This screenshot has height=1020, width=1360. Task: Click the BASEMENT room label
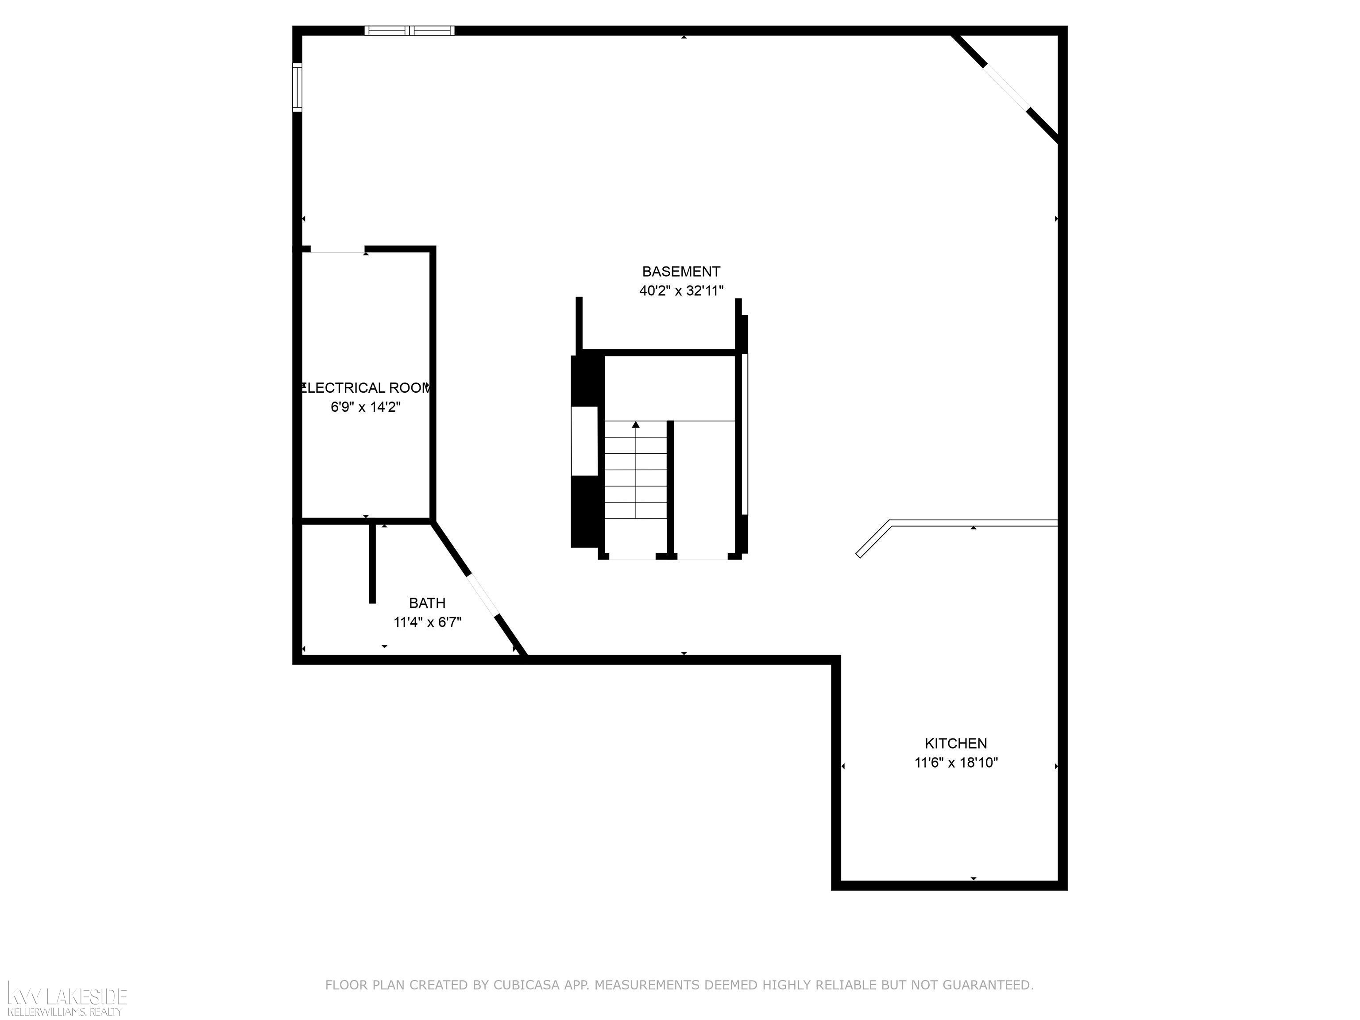click(681, 271)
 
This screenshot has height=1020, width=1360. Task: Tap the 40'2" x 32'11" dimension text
click(681, 291)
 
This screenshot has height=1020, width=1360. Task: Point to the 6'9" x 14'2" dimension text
click(366, 407)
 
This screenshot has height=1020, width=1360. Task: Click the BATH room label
click(427, 603)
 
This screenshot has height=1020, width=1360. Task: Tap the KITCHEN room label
click(956, 743)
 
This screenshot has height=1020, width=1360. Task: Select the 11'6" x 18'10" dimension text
click(956, 763)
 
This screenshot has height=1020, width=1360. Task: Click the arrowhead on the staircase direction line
click(636, 424)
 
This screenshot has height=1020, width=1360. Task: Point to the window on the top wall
click(410, 31)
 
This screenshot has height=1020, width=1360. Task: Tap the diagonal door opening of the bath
click(483, 595)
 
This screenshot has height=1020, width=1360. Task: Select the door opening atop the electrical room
click(337, 250)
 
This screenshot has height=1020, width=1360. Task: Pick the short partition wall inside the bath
click(372, 563)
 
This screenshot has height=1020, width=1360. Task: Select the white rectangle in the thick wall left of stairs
click(585, 441)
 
